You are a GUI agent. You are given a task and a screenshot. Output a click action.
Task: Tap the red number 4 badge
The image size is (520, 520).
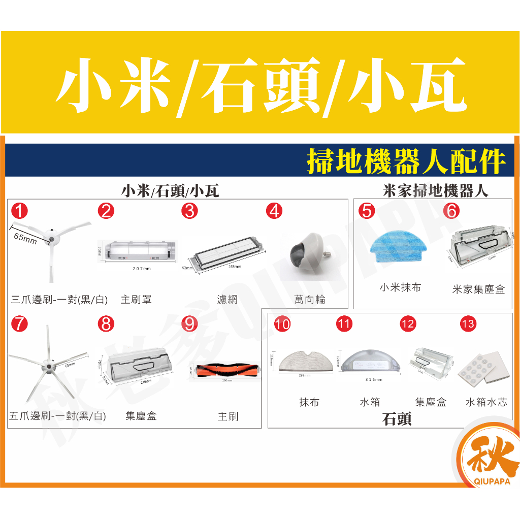(x=274, y=211)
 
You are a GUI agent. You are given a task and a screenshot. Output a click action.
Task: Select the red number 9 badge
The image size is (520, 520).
(x=189, y=324)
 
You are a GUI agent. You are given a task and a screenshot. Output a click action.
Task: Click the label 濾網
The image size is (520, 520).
(x=227, y=300)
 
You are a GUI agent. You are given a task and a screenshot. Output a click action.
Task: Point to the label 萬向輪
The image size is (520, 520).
(x=310, y=300)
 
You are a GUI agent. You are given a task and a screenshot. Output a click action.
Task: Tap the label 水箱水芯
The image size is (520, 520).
(x=486, y=402)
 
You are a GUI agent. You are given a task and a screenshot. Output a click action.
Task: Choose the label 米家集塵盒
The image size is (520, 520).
(x=478, y=289)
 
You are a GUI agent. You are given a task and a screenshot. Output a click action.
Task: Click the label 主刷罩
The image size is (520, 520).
(x=136, y=300)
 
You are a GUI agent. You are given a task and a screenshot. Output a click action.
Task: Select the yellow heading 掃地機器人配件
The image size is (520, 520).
(x=406, y=161)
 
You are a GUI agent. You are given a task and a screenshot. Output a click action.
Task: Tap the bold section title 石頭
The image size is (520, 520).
(x=397, y=419)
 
